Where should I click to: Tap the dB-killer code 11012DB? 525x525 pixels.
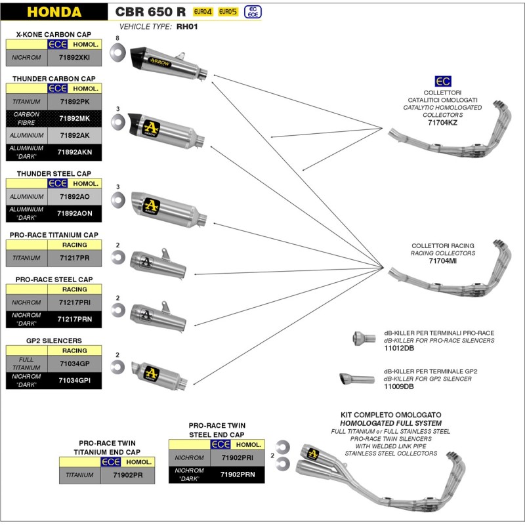coord(398,348)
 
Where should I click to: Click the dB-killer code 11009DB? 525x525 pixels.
coord(398,387)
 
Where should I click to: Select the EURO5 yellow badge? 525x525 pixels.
coord(228,12)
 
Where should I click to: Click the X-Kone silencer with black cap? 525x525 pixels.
coord(168,62)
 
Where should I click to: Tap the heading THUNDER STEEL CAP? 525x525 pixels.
coord(54,173)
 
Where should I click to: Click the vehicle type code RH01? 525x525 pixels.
coord(187,27)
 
